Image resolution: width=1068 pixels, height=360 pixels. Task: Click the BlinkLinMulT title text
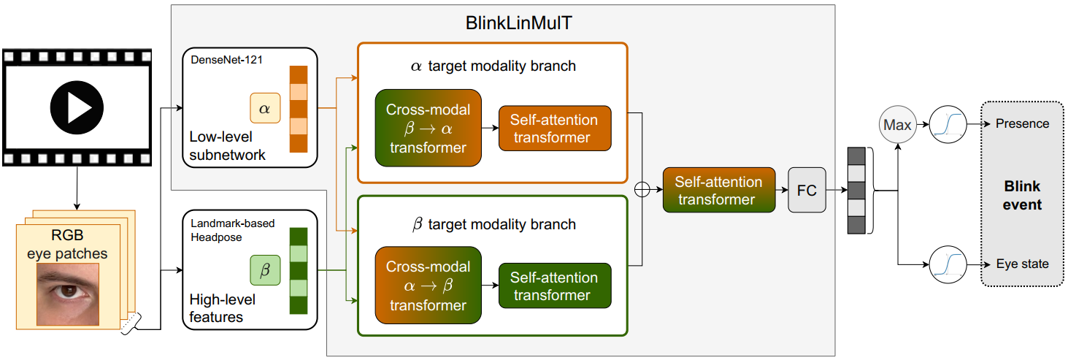[x=519, y=23]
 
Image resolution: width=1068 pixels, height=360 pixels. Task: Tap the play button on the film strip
[x=77, y=107]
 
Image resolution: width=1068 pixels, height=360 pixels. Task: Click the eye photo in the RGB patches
[x=68, y=294]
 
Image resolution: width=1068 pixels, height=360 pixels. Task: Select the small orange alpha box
[x=265, y=108]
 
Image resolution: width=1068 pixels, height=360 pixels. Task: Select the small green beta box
[x=265, y=270]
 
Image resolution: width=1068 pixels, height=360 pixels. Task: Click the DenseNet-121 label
[x=226, y=60]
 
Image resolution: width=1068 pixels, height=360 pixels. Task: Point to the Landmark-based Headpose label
[x=233, y=230]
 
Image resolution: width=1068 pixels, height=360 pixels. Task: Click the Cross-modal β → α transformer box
[x=429, y=129]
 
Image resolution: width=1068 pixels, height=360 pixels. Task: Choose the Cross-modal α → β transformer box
[x=429, y=285]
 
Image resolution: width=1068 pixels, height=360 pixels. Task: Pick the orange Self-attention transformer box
[x=555, y=129]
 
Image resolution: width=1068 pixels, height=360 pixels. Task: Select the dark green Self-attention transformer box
[x=555, y=286]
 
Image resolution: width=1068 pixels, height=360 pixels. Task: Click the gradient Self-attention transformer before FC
[x=719, y=190]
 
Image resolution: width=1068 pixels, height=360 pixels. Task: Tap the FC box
[x=807, y=190]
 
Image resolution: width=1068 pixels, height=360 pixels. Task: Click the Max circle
[x=897, y=124]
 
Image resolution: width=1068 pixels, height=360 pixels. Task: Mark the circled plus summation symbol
[x=642, y=190]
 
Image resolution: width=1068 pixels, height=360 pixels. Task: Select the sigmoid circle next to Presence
[x=948, y=124]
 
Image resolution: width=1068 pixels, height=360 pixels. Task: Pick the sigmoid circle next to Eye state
[x=948, y=264]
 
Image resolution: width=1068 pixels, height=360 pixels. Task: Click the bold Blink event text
[x=1022, y=195]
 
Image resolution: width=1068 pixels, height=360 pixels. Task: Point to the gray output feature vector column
[x=856, y=191]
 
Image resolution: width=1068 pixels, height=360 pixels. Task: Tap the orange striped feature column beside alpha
[x=299, y=110]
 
